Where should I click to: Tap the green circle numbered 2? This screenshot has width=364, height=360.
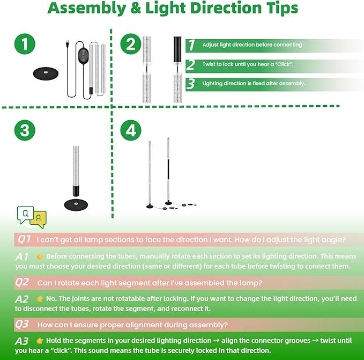131,45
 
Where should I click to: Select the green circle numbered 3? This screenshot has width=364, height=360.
25,130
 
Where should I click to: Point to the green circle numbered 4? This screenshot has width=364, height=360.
131,130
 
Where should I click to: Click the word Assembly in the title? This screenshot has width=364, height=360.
85,9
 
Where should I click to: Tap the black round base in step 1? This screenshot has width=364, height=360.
47,72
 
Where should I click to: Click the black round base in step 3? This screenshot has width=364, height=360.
75,203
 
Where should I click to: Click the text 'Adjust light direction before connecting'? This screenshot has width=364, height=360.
252,45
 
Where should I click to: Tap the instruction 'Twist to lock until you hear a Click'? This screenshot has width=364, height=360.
247,64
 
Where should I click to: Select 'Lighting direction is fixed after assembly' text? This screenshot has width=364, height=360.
254,84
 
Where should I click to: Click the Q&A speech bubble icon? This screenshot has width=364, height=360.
32,216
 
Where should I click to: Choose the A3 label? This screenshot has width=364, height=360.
22,341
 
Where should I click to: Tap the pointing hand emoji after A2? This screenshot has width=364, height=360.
40,298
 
